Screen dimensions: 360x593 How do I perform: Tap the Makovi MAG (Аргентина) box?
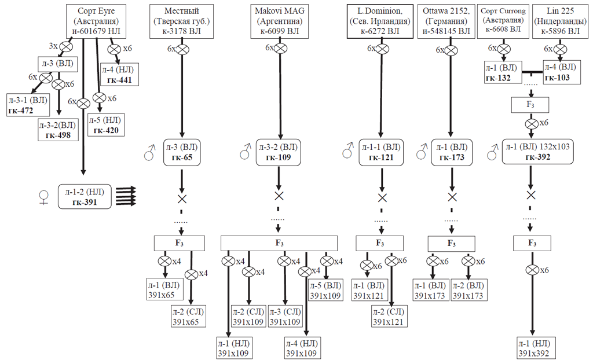coord(280,21)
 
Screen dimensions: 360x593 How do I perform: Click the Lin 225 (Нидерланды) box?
coord(561,21)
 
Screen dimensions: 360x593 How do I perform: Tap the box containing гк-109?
coord(280,152)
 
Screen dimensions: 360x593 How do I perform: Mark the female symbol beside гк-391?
coord(43,197)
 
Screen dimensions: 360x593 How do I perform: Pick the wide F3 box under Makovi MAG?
coord(280,243)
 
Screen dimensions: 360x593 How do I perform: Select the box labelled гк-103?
coord(561,72)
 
